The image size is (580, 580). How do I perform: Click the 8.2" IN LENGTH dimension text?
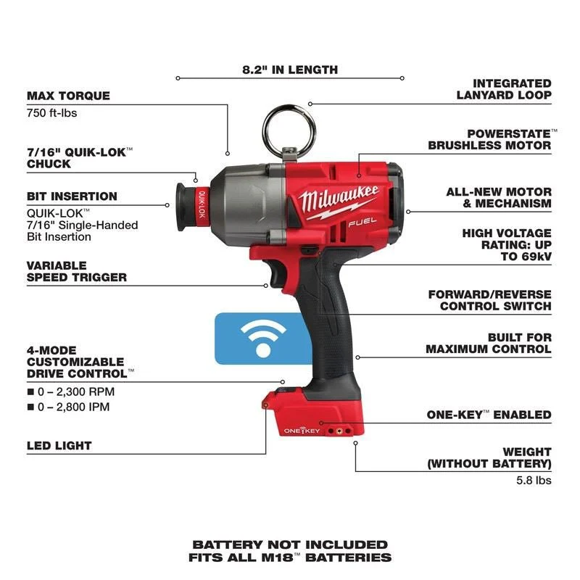click(290, 70)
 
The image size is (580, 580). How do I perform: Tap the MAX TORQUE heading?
click(68, 96)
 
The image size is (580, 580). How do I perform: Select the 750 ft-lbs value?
click(51, 113)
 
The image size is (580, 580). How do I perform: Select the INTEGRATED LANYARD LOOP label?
click(503, 89)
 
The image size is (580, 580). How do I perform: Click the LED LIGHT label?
click(59, 445)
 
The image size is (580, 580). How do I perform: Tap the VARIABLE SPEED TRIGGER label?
click(77, 271)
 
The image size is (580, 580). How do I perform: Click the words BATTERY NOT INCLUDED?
click(290, 544)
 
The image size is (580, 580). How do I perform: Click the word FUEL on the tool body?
click(357, 225)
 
